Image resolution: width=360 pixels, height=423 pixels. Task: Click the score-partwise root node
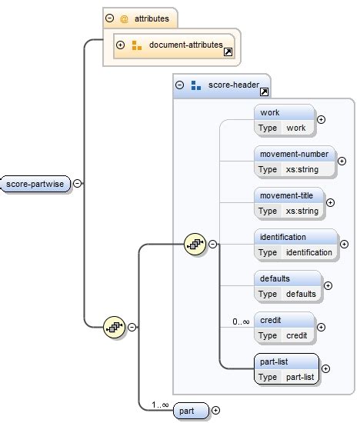tap(35, 184)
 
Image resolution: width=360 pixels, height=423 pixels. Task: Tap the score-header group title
tap(228, 85)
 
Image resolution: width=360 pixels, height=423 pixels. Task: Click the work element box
tap(284, 119)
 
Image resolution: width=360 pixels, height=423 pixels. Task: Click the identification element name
tap(283, 237)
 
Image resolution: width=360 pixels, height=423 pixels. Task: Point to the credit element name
tap(270, 319)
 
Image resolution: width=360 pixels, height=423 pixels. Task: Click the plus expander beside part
tap(215, 411)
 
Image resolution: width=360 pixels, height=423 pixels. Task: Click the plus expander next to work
tap(321, 119)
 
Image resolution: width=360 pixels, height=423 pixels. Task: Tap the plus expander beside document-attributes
tap(120, 45)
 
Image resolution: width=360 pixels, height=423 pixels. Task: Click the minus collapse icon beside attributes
tap(110, 16)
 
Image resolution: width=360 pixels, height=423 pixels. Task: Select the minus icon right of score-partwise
tap(78, 184)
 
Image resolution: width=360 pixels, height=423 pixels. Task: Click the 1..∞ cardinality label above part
tap(160, 403)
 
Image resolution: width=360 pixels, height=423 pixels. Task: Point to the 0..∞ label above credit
tap(241, 321)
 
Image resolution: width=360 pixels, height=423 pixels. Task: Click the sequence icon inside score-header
tap(195, 245)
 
